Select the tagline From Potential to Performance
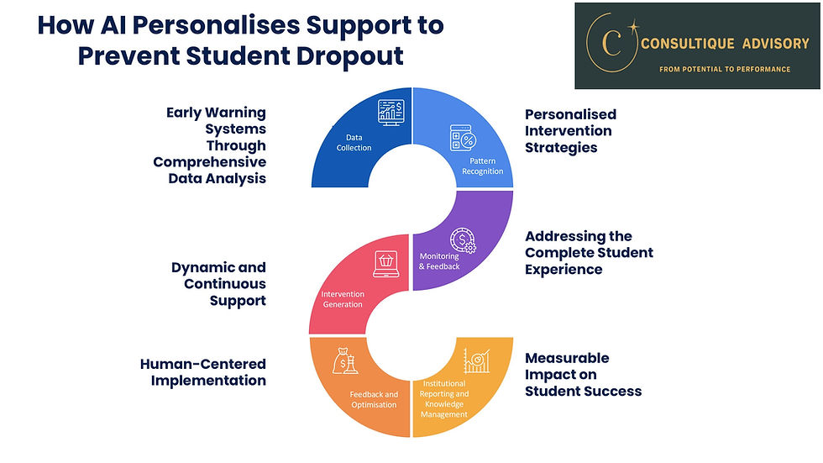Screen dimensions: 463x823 tap(725, 69)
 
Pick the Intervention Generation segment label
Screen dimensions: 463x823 tap(343, 298)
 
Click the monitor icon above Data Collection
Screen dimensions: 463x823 tap(391, 112)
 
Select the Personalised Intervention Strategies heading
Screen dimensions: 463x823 tap(570, 130)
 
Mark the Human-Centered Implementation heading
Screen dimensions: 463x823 tap(202, 371)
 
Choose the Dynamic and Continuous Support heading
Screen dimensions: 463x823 tap(218, 283)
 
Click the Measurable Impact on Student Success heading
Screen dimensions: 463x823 tap(583, 374)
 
